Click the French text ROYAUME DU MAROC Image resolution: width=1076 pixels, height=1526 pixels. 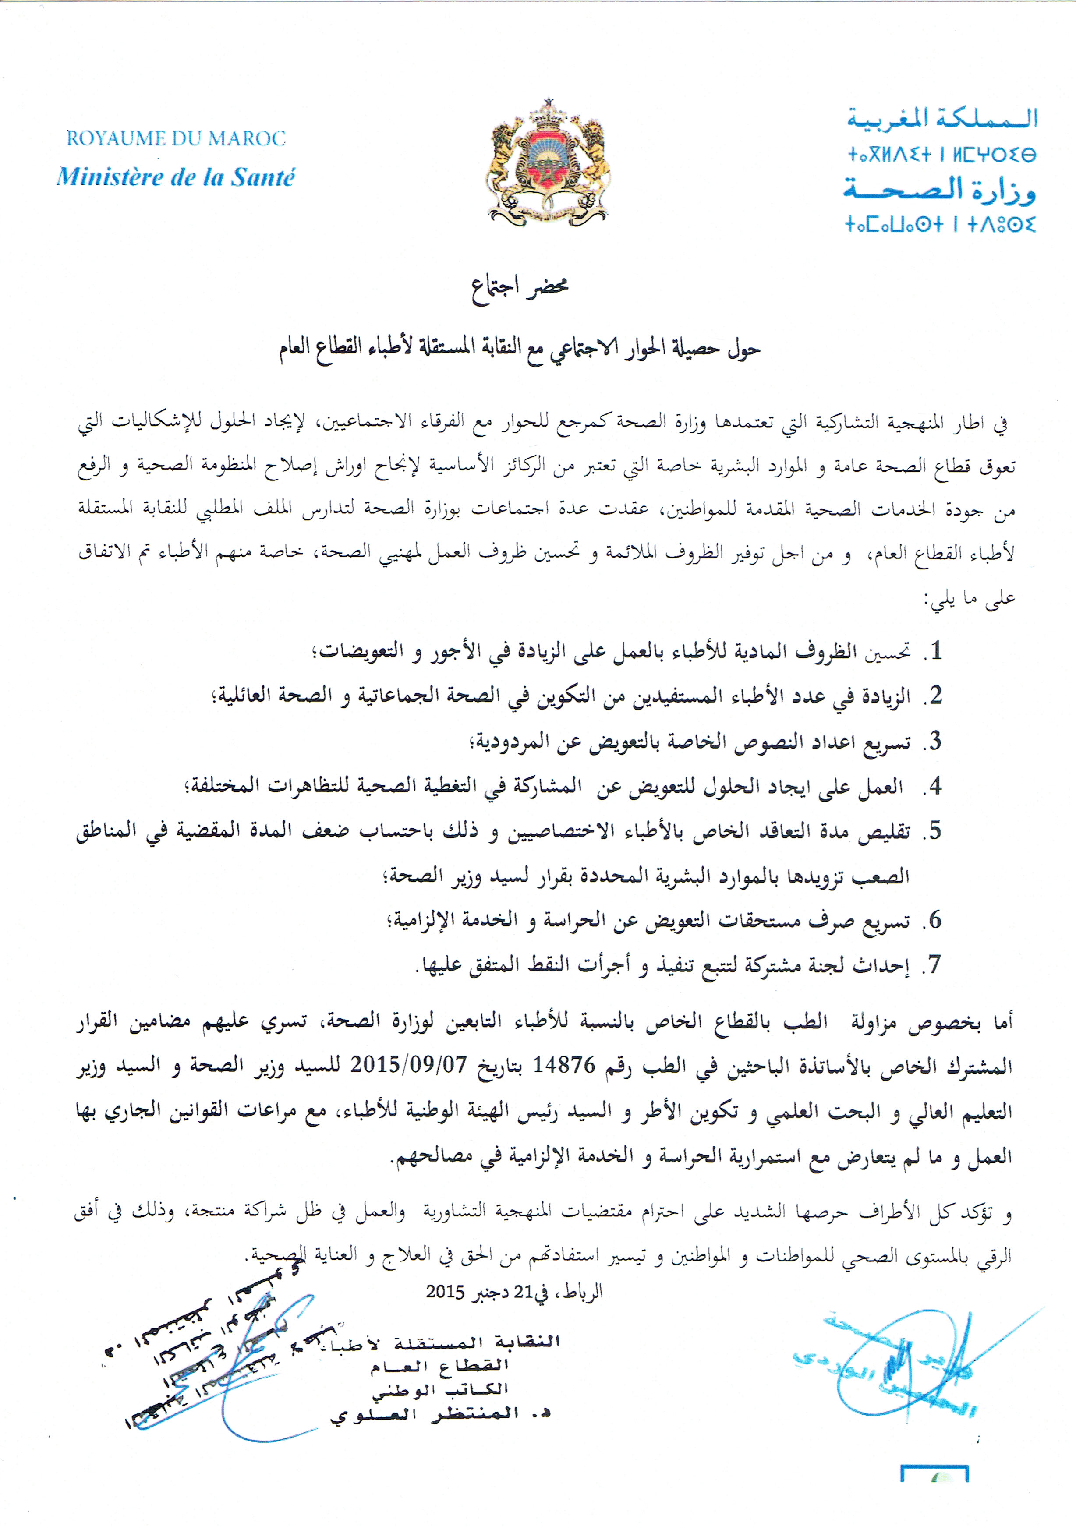[176, 138]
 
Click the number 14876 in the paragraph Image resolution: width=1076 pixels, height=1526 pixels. [564, 1065]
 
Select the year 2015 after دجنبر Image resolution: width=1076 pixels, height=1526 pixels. [445, 1292]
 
